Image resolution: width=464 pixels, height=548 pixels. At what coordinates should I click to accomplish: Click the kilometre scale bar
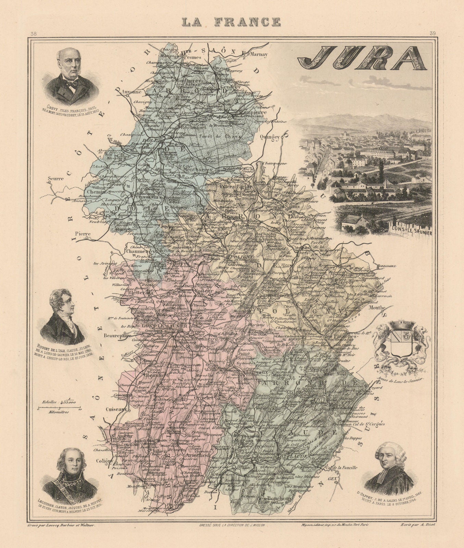click(x=59, y=409)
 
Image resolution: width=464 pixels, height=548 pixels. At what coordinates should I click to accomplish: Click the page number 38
click(x=34, y=34)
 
